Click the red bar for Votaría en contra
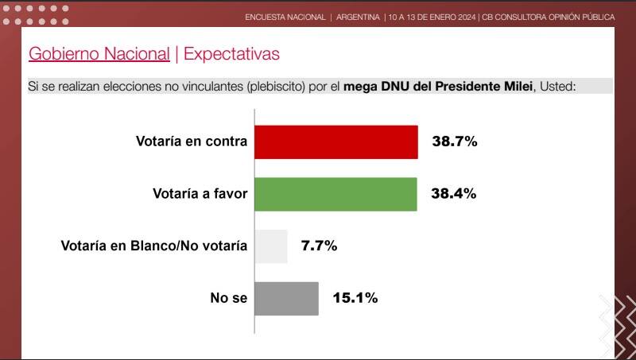(x=336, y=142)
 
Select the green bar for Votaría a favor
(x=335, y=194)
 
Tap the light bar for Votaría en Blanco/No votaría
(x=270, y=246)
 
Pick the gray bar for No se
(x=286, y=298)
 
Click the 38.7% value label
(x=454, y=142)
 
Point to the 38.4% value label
(x=454, y=194)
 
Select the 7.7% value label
(x=319, y=246)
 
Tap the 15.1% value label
(x=355, y=298)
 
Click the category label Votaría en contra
(x=192, y=142)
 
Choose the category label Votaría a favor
(x=200, y=194)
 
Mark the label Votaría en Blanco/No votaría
(x=154, y=246)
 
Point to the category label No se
(x=229, y=298)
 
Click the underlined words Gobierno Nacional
(x=99, y=54)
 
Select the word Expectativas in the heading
(x=231, y=54)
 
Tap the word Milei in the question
(x=514, y=86)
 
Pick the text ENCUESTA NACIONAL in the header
(x=285, y=17)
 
